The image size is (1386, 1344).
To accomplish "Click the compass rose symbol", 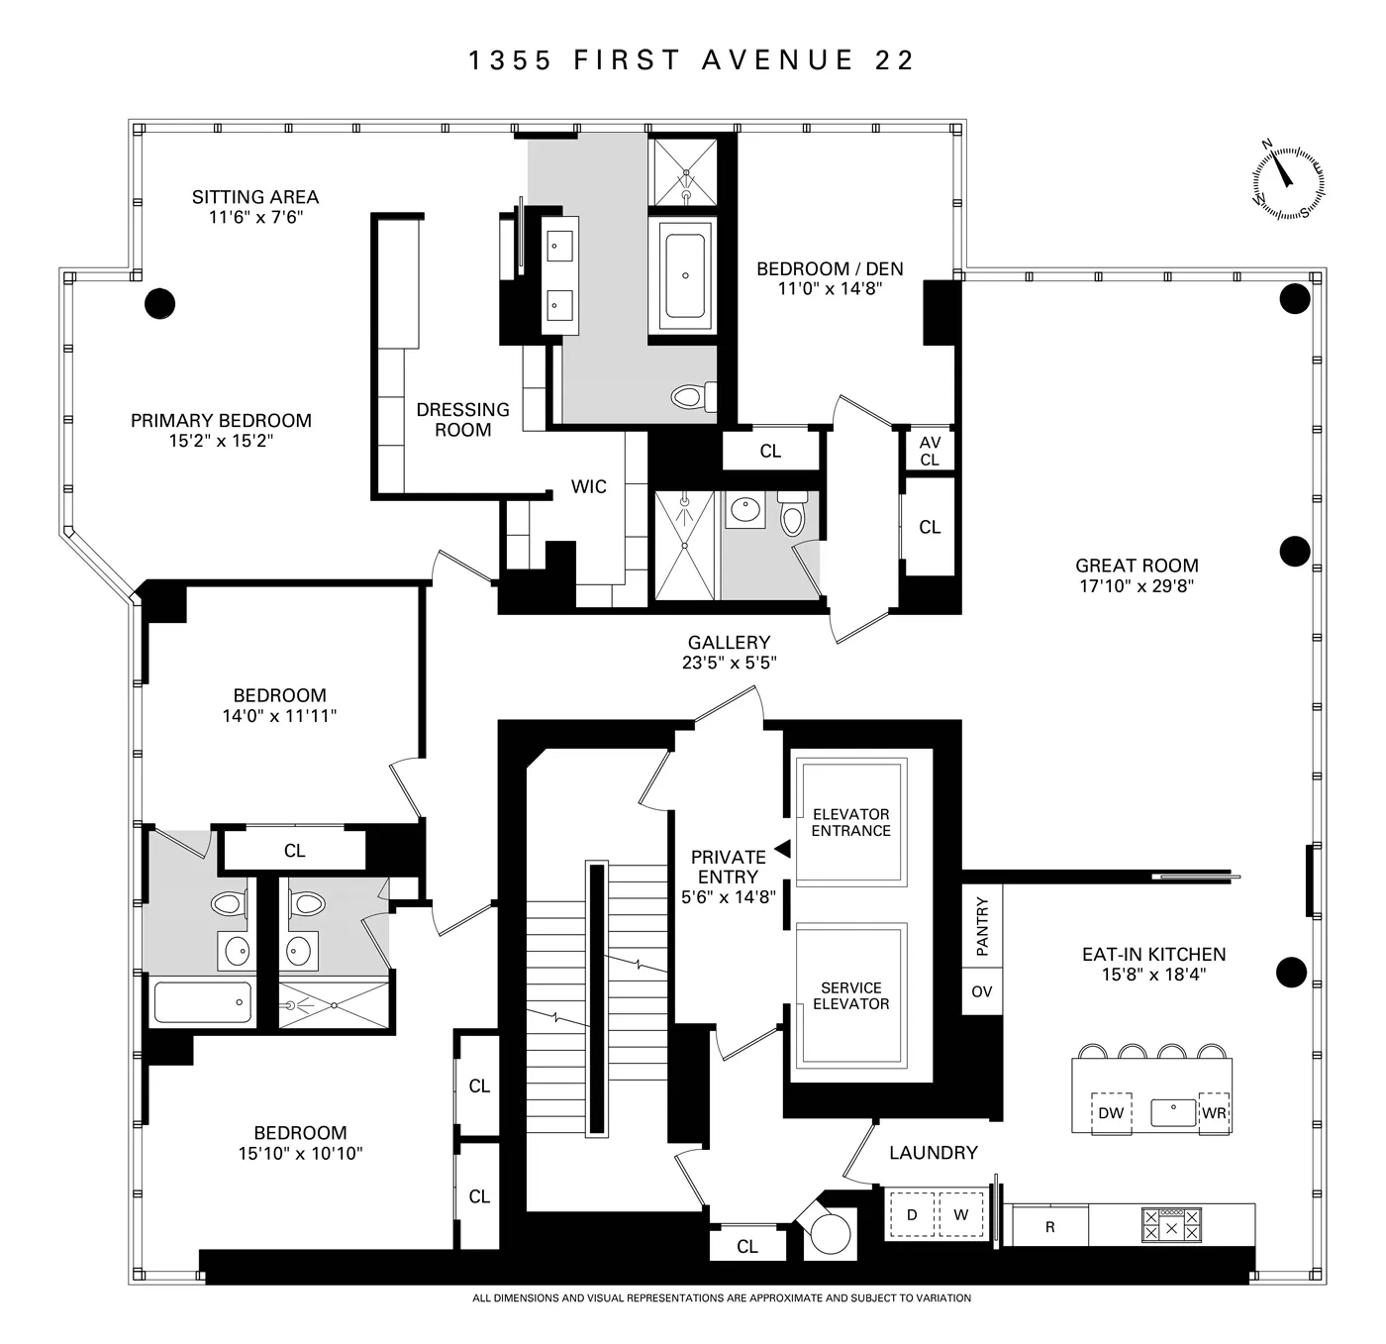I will click(1288, 181).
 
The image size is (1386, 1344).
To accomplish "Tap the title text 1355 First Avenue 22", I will click(691, 60).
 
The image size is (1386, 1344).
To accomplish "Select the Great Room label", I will click(1137, 566).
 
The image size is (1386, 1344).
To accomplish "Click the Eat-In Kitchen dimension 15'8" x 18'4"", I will click(1153, 975).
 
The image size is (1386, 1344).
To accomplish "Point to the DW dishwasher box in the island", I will click(1111, 1113).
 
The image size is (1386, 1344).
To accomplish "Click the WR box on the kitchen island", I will click(1214, 1113).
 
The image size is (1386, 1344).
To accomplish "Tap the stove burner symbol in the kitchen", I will click(1172, 1226).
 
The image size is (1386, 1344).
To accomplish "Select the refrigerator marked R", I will click(1049, 1227).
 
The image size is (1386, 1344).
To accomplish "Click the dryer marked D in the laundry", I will click(912, 1215).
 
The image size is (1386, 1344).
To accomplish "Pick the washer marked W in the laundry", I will click(960, 1215).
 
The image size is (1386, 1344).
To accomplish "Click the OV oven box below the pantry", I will click(981, 991).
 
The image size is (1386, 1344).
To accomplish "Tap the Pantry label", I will click(982, 927).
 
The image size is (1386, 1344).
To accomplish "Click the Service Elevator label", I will click(850, 995).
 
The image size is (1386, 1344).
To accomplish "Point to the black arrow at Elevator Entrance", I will click(782, 849).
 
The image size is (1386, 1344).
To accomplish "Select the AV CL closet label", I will click(930, 452).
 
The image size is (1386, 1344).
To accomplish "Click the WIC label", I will click(589, 486).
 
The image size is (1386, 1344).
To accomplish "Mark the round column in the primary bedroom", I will click(159, 303).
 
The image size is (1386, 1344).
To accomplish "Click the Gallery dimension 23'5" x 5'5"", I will click(729, 663).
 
